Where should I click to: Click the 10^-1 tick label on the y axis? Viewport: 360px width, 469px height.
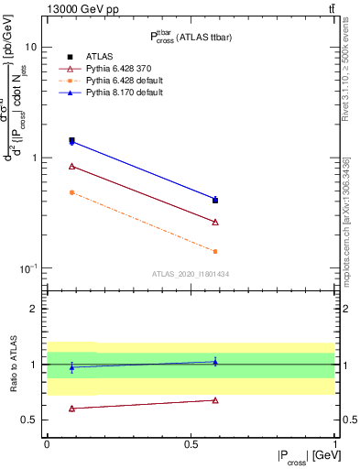coord(29,268)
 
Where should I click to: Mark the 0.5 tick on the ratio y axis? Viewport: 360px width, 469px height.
coord(31,420)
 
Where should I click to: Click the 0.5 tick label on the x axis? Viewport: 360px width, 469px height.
coord(191,444)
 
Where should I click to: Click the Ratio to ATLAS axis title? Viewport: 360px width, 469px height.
coord(13,364)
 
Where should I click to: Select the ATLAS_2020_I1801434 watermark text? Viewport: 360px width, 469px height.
coord(191,275)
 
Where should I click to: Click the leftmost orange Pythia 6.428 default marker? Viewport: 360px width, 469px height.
coord(71,192)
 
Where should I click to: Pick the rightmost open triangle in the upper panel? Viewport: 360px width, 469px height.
coord(215,222)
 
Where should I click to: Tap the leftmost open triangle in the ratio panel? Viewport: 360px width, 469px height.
coord(71,409)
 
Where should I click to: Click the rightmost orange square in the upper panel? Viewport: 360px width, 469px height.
coord(215,251)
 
